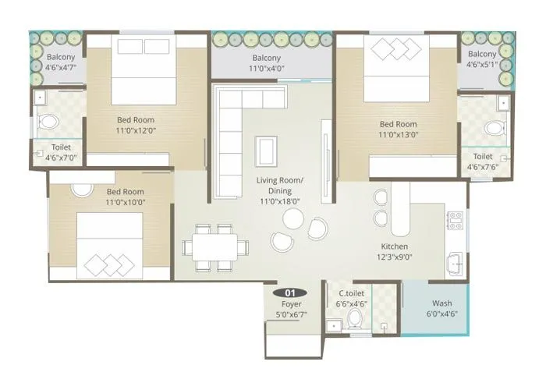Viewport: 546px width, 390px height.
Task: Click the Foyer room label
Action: click(292, 303)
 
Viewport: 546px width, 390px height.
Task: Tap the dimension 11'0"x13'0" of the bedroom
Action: click(398, 134)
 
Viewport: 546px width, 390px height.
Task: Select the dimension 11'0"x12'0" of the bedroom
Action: click(136, 130)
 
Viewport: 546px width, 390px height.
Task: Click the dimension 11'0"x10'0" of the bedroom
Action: click(125, 202)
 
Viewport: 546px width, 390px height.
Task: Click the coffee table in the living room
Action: click(266, 147)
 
